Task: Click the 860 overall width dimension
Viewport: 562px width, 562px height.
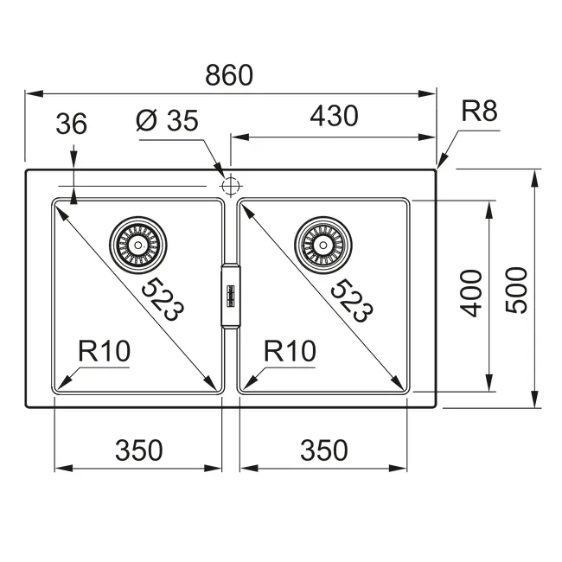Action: click(x=229, y=75)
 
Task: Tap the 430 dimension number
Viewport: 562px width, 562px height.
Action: click(x=334, y=116)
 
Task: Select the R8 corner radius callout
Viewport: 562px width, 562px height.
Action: click(x=479, y=111)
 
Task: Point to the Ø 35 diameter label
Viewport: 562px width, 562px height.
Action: click(x=167, y=120)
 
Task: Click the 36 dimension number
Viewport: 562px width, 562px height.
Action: click(x=71, y=124)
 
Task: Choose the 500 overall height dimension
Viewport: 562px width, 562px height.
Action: click(x=516, y=291)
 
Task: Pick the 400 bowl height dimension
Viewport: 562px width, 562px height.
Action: click(x=471, y=294)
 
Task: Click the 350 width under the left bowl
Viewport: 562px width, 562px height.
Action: click(x=138, y=450)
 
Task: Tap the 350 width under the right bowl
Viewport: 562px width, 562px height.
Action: click(x=324, y=450)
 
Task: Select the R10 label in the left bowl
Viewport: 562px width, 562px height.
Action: click(x=105, y=351)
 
